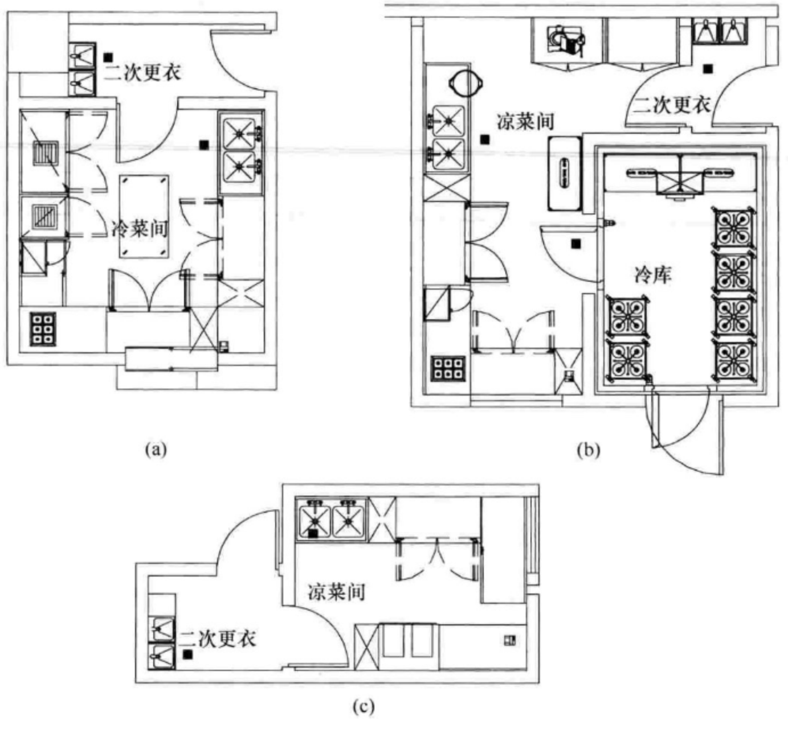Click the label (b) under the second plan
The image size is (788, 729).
coord(589,450)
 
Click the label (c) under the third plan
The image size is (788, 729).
coord(364,706)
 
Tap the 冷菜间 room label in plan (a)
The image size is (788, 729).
coord(140,229)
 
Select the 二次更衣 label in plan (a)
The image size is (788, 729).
coord(142,72)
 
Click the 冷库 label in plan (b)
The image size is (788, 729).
coord(652,275)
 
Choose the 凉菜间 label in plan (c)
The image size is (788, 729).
coord(337,591)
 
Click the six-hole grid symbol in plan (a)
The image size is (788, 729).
coord(43,329)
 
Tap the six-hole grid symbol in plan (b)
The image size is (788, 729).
coord(448,369)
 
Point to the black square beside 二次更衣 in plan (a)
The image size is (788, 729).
coord(108,58)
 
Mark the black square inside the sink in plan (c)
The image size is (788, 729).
coord(313,534)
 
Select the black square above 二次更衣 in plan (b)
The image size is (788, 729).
coord(708,69)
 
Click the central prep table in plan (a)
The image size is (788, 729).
coord(144,216)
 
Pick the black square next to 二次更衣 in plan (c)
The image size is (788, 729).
coord(187,654)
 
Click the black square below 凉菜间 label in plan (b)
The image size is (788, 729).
coord(484,139)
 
